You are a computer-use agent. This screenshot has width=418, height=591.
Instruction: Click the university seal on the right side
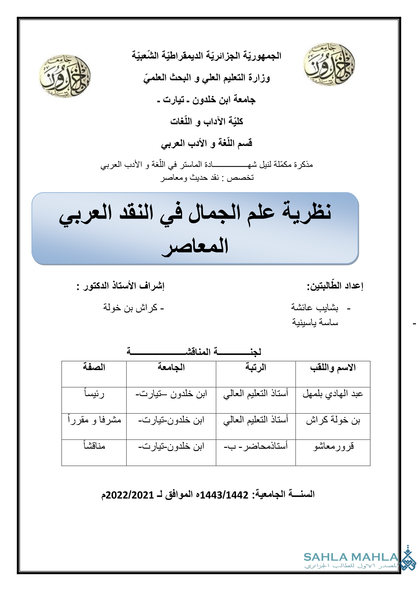tap(329, 64)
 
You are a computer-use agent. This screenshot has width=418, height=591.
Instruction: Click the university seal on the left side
tap(65, 76)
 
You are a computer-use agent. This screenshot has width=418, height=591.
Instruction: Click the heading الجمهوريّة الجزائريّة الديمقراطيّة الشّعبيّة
tap(206, 56)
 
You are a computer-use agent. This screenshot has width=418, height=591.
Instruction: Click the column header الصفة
tap(94, 367)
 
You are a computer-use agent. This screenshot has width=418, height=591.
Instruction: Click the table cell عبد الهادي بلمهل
tap(333, 394)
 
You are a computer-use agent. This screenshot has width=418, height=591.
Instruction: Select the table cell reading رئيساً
tap(94, 394)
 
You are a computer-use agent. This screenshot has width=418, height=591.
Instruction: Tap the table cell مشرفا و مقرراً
tap(95, 420)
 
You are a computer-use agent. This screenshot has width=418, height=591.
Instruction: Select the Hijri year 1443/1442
tap(224, 495)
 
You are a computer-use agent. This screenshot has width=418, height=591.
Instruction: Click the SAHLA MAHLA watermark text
tap(351, 557)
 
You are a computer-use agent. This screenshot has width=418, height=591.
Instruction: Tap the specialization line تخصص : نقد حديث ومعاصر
tap(207, 178)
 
